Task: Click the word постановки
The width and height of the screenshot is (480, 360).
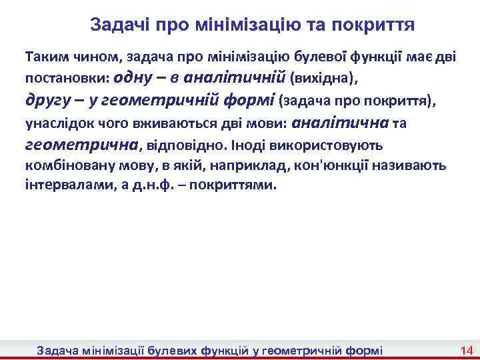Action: [63, 78]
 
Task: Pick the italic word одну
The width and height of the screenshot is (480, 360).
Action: [135, 77]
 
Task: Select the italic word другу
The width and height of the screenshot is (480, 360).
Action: [47, 100]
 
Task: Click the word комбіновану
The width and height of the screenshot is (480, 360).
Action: [65, 165]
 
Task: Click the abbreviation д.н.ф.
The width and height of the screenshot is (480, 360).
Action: [161, 185]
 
